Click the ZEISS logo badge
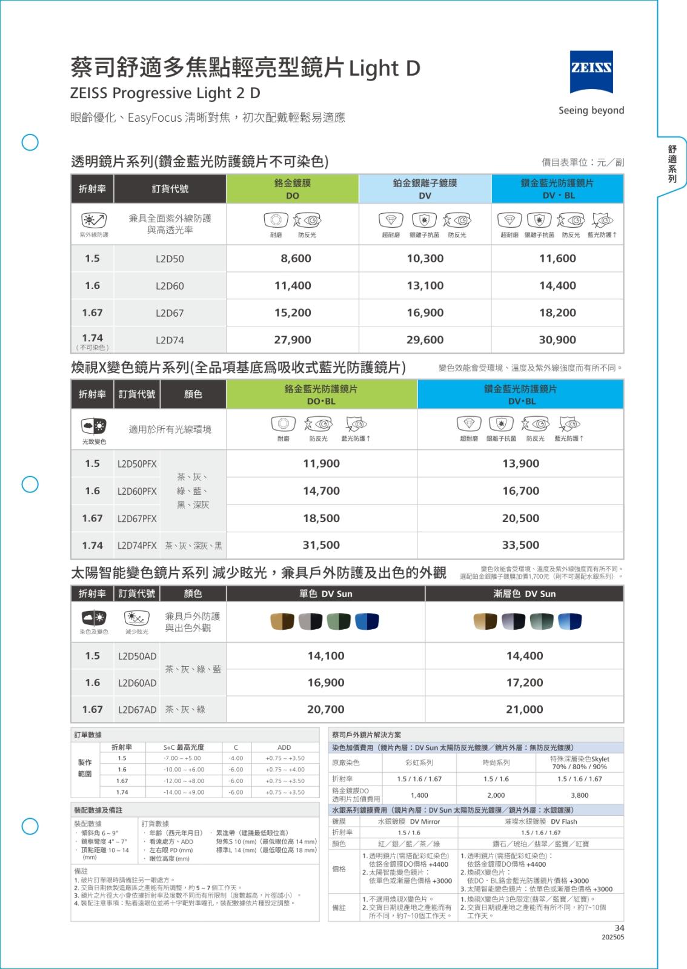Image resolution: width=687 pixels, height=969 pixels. click(x=591, y=73)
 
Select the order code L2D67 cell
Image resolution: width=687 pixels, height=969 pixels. click(x=170, y=313)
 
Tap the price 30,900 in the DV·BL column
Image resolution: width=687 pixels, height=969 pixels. click(x=557, y=340)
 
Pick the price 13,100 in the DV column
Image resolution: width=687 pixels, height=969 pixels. click(x=425, y=286)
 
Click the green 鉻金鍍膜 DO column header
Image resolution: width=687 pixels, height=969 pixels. click(x=293, y=188)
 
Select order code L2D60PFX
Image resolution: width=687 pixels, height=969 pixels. click(x=137, y=491)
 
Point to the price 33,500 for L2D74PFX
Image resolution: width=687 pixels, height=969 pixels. click(x=520, y=545)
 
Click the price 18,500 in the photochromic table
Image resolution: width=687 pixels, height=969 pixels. click(x=321, y=518)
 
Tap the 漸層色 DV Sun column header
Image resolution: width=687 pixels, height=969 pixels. click(x=524, y=594)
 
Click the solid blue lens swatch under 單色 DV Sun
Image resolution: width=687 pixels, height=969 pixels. click(x=367, y=621)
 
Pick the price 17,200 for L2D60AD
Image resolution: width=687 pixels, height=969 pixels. click(x=525, y=683)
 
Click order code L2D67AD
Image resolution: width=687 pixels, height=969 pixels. click(x=137, y=709)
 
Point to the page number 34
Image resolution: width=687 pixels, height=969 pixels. click(x=619, y=928)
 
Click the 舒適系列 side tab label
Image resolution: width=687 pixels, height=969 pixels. click(x=672, y=164)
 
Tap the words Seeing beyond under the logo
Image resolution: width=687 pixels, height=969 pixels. click(x=591, y=110)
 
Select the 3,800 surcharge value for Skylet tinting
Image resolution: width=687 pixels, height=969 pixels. click(x=579, y=795)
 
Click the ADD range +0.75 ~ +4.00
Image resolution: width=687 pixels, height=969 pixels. click(x=285, y=770)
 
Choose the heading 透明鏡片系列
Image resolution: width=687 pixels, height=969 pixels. click(x=113, y=162)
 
